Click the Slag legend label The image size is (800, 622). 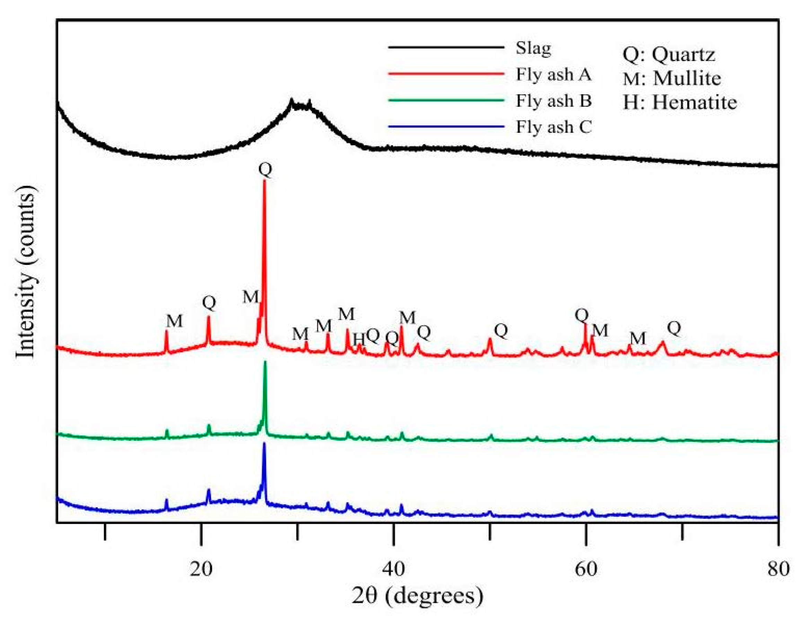(x=533, y=48)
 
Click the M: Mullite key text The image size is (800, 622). (x=671, y=78)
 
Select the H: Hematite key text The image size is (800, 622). (x=680, y=102)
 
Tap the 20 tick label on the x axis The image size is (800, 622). (x=201, y=569)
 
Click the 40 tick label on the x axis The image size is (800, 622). (x=393, y=569)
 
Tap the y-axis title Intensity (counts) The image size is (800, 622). (x=26, y=271)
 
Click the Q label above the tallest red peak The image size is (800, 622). (x=265, y=170)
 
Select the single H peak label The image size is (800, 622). (x=359, y=339)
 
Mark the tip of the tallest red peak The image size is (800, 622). (x=264, y=181)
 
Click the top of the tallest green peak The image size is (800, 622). (x=265, y=362)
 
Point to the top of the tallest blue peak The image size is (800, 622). (x=264, y=444)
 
